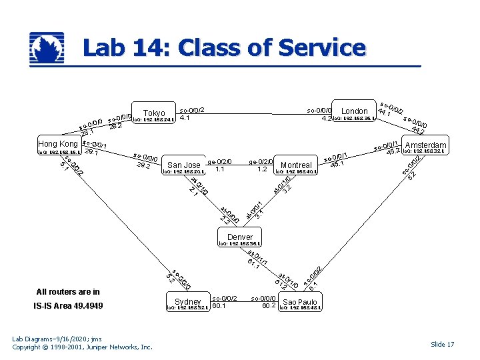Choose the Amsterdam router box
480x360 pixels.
(x=425, y=145)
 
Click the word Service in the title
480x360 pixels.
(x=322, y=48)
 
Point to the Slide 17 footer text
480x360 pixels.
(x=442, y=344)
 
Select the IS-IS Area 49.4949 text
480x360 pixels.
(x=68, y=306)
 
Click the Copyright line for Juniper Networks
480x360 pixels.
(x=83, y=347)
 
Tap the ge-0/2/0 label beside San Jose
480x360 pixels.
(x=219, y=161)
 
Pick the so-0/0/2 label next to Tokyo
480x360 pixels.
(x=192, y=109)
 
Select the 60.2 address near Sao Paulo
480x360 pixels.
(x=269, y=306)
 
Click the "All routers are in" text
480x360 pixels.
(x=68, y=291)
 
